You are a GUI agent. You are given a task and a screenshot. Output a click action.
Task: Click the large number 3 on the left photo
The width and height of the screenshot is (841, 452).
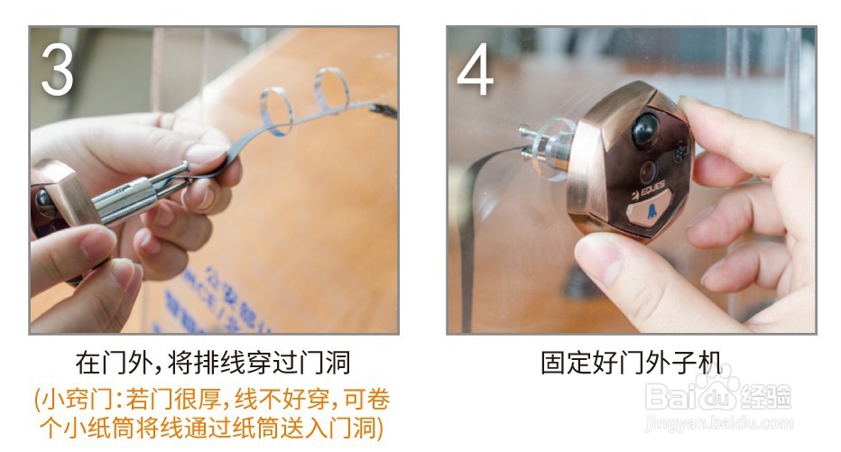pos(57,69)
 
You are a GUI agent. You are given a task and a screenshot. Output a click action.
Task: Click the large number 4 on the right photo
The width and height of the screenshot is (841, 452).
pos(476,69)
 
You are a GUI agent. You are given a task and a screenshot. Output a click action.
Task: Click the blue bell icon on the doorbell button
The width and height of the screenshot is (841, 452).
pos(652,211)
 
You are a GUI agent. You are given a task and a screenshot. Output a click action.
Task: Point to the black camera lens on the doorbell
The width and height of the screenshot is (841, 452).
pos(645,130)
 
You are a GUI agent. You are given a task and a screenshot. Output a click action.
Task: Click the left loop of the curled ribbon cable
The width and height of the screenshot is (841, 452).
pos(277,112)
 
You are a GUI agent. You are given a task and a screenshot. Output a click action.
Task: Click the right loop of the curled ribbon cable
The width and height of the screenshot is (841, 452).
pos(331,89)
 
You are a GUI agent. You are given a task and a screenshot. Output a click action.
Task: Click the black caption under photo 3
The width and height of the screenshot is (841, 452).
pos(213,363)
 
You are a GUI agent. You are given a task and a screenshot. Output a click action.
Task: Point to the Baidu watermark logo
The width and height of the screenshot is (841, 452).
pos(718,392)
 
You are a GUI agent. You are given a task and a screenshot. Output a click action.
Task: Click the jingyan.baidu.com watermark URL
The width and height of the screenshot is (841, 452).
pos(718,423)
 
